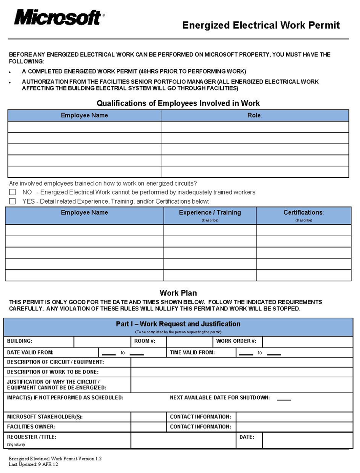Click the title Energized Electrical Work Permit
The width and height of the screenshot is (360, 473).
261,25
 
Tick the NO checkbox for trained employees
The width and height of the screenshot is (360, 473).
13,192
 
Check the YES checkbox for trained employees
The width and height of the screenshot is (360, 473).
13,201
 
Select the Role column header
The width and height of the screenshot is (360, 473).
254,115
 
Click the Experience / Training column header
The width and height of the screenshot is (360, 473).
210,213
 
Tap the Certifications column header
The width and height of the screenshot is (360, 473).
303,213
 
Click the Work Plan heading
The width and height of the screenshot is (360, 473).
178,293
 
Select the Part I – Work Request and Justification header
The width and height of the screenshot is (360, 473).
178,324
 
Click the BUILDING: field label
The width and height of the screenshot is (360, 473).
20,341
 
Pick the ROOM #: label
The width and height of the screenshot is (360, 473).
145,341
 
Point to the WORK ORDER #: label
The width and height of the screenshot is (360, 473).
236,341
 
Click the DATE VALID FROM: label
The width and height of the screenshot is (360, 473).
30,353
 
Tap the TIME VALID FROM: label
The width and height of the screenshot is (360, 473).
192,353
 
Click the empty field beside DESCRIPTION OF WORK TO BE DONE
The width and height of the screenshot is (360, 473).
242,372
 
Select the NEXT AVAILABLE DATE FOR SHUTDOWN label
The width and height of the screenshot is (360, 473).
220,398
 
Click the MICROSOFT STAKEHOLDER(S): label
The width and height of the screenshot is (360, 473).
45,417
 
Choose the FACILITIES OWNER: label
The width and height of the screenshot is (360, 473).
31,427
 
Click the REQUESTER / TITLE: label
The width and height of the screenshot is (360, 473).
32,437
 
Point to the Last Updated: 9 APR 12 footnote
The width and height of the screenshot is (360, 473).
33,464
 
